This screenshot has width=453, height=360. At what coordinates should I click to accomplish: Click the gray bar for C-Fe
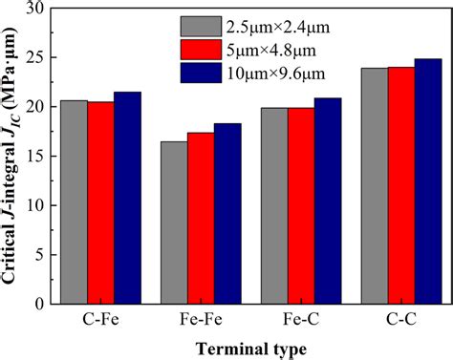[x=74, y=202]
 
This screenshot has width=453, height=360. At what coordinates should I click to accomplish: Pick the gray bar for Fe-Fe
[x=174, y=222]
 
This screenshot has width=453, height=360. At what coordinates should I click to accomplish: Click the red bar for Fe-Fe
[x=201, y=219]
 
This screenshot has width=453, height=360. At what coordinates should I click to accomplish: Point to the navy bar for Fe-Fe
[x=227, y=214]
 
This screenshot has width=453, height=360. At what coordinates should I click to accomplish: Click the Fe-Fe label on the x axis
[x=201, y=319]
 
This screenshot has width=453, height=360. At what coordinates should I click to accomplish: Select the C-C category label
[x=400, y=319]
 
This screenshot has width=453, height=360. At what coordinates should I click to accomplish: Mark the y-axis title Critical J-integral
[x=12, y=153]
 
